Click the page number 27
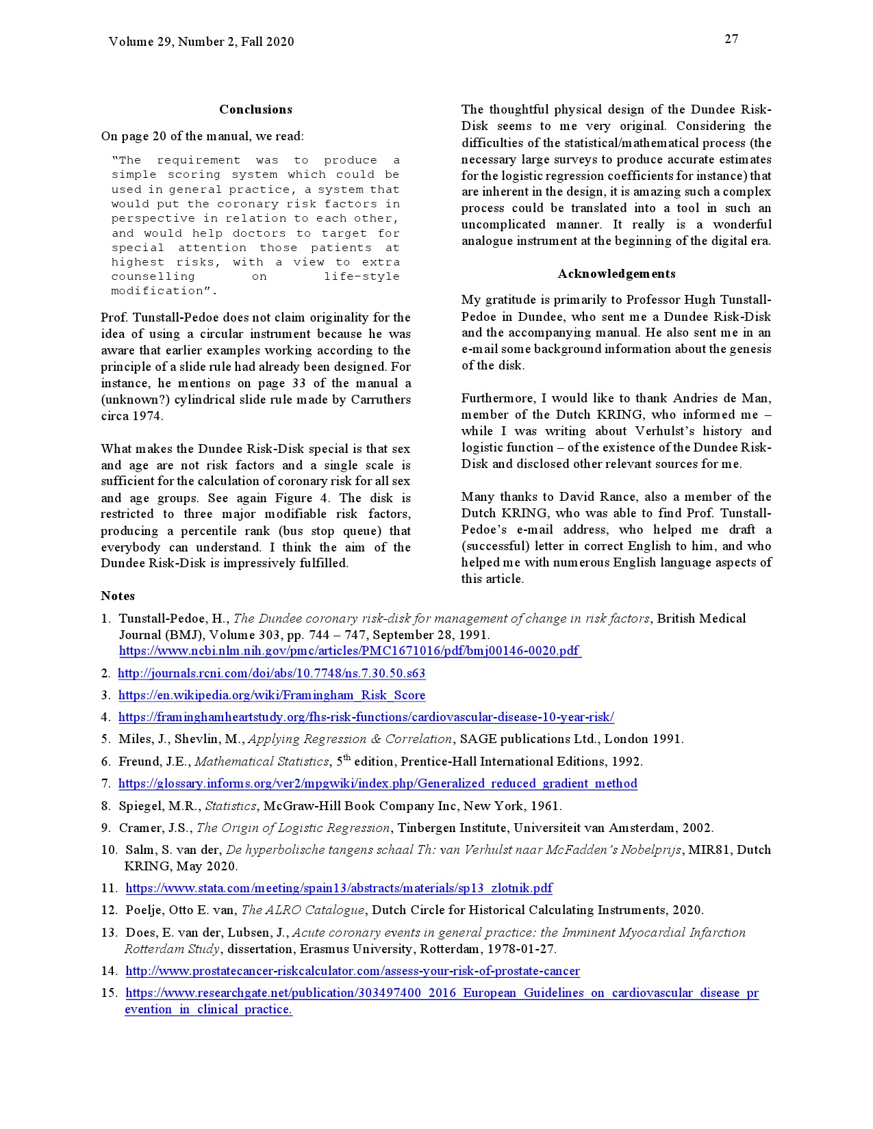point(731,39)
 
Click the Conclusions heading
point(255,109)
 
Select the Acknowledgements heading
point(616,274)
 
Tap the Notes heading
point(118,596)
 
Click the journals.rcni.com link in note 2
point(272,673)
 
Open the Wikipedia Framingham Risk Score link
point(272,695)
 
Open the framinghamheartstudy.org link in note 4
point(366,717)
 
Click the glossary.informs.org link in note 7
point(377,783)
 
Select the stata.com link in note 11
point(339,888)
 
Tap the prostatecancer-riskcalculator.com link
point(353,971)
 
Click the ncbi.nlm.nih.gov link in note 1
point(350,651)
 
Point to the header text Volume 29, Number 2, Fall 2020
point(201,42)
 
